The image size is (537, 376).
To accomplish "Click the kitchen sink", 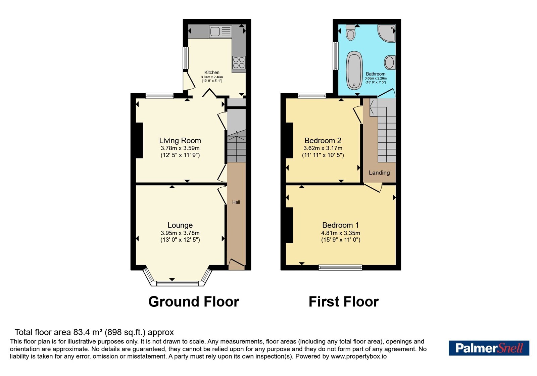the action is pyautogui.click(x=221, y=32).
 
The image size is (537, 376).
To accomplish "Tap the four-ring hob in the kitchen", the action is pyautogui.click(x=239, y=62).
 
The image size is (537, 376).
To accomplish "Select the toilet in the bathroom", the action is pyautogui.click(x=351, y=33).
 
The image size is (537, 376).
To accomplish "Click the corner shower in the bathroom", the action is pyautogui.click(x=386, y=33).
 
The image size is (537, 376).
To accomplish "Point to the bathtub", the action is pyautogui.click(x=354, y=70).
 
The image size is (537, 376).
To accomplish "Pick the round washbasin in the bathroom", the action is pyautogui.click(x=390, y=62).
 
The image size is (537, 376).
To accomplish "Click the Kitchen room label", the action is pyautogui.click(x=212, y=72).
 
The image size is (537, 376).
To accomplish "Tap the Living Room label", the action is pyautogui.click(x=180, y=140).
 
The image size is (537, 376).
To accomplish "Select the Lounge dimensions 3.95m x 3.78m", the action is pyautogui.click(x=180, y=233).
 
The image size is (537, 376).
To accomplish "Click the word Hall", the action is pyautogui.click(x=236, y=202).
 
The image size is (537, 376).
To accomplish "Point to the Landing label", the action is pyautogui.click(x=379, y=173).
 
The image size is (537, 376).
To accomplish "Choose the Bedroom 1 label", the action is pyautogui.click(x=340, y=225).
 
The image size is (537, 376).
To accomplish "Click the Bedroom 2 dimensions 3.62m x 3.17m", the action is pyautogui.click(x=323, y=148).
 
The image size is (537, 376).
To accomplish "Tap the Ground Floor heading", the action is pyautogui.click(x=194, y=302).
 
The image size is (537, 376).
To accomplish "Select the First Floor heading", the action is pyautogui.click(x=344, y=302).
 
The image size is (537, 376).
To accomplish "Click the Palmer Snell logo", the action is pyautogui.click(x=489, y=348).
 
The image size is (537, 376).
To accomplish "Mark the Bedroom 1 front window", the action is pyautogui.click(x=340, y=267).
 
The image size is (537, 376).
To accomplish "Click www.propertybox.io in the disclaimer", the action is pyautogui.click(x=359, y=356).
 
